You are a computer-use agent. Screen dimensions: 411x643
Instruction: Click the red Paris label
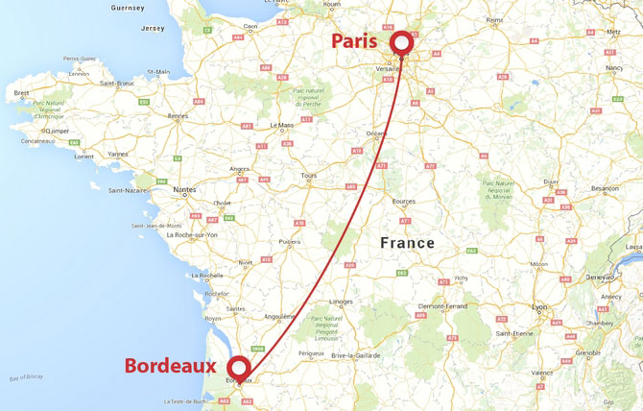click(x=357, y=41)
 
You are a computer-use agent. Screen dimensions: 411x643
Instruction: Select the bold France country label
click(x=407, y=243)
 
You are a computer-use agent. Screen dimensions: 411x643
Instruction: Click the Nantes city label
click(x=183, y=190)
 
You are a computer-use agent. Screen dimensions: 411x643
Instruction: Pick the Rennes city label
click(x=178, y=116)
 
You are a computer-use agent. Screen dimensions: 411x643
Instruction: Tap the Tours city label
click(x=308, y=176)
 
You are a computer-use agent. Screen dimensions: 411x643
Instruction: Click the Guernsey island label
click(x=128, y=8)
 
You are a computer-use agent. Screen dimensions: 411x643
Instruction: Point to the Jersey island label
click(x=154, y=29)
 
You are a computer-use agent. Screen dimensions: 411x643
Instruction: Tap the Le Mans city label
click(x=282, y=125)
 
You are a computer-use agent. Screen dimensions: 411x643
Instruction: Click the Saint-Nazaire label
click(x=128, y=190)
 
